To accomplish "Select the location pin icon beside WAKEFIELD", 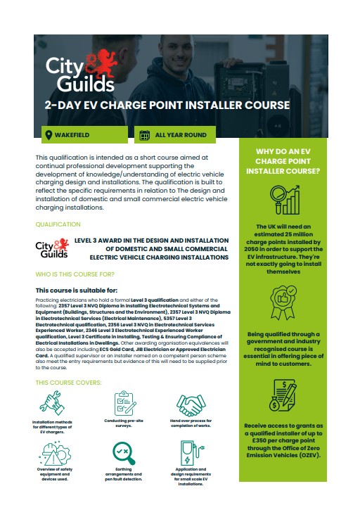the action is click(x=49, y=134).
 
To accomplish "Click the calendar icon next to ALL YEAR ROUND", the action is click(x=144, y=134).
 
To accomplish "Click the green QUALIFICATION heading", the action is click(x=58, y=225).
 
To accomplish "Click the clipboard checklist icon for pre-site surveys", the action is click(x=124, y=402).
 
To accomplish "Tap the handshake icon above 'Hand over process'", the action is click(x=188, y=404).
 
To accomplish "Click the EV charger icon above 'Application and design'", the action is click(x=188, y=453).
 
